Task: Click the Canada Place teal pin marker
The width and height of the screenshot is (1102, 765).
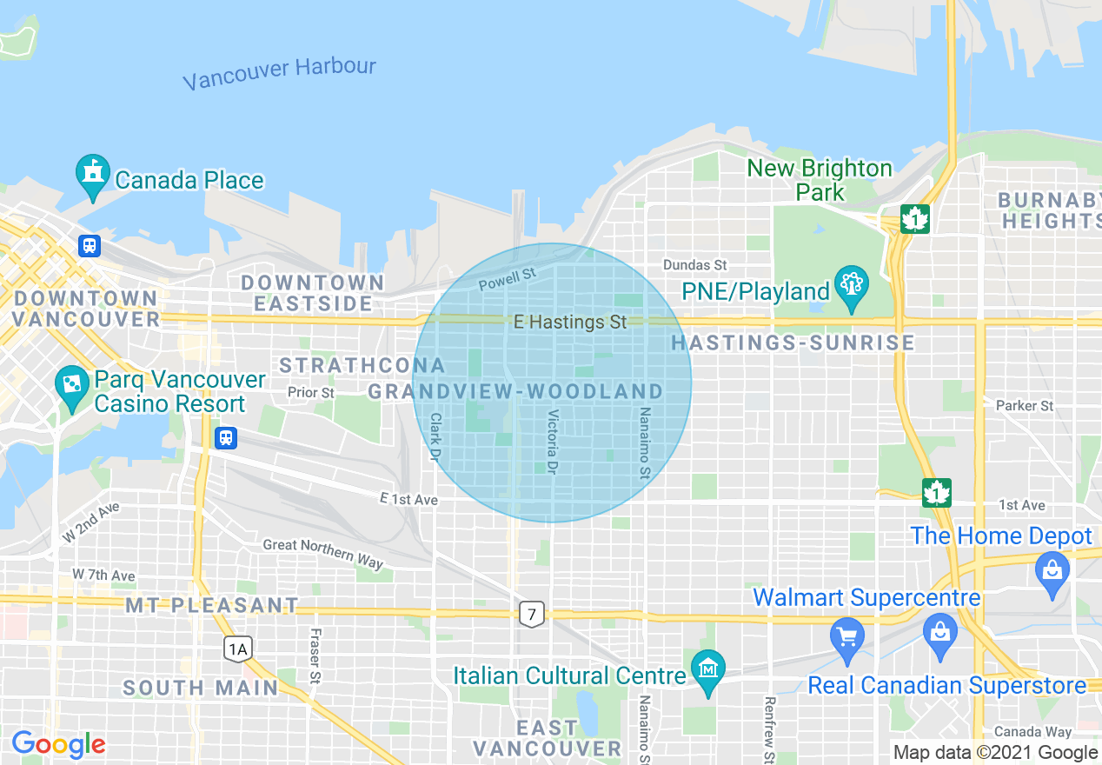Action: pos(92,175)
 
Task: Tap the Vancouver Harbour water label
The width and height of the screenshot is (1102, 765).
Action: pos(280,73)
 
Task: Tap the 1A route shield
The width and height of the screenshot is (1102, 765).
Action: pos(237,648)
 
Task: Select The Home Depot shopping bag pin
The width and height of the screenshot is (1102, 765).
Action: pos(1052,574)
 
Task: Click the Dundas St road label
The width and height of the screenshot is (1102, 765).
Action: pos(694,264)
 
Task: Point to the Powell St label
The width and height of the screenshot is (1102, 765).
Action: pos(508,279)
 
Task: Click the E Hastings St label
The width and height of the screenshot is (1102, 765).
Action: pos(569,323)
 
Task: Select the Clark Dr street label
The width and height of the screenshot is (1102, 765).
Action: pos(435,436)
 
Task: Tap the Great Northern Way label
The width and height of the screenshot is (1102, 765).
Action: pos(322,553)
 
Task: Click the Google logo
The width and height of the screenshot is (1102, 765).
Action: pos(58,744)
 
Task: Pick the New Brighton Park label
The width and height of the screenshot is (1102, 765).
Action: pos(820,179)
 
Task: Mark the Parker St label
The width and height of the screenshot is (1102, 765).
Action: pos(1024,405)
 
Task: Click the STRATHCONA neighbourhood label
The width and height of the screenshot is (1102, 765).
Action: pos(362,365)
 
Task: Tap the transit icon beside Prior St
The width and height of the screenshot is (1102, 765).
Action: pos(226,437)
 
